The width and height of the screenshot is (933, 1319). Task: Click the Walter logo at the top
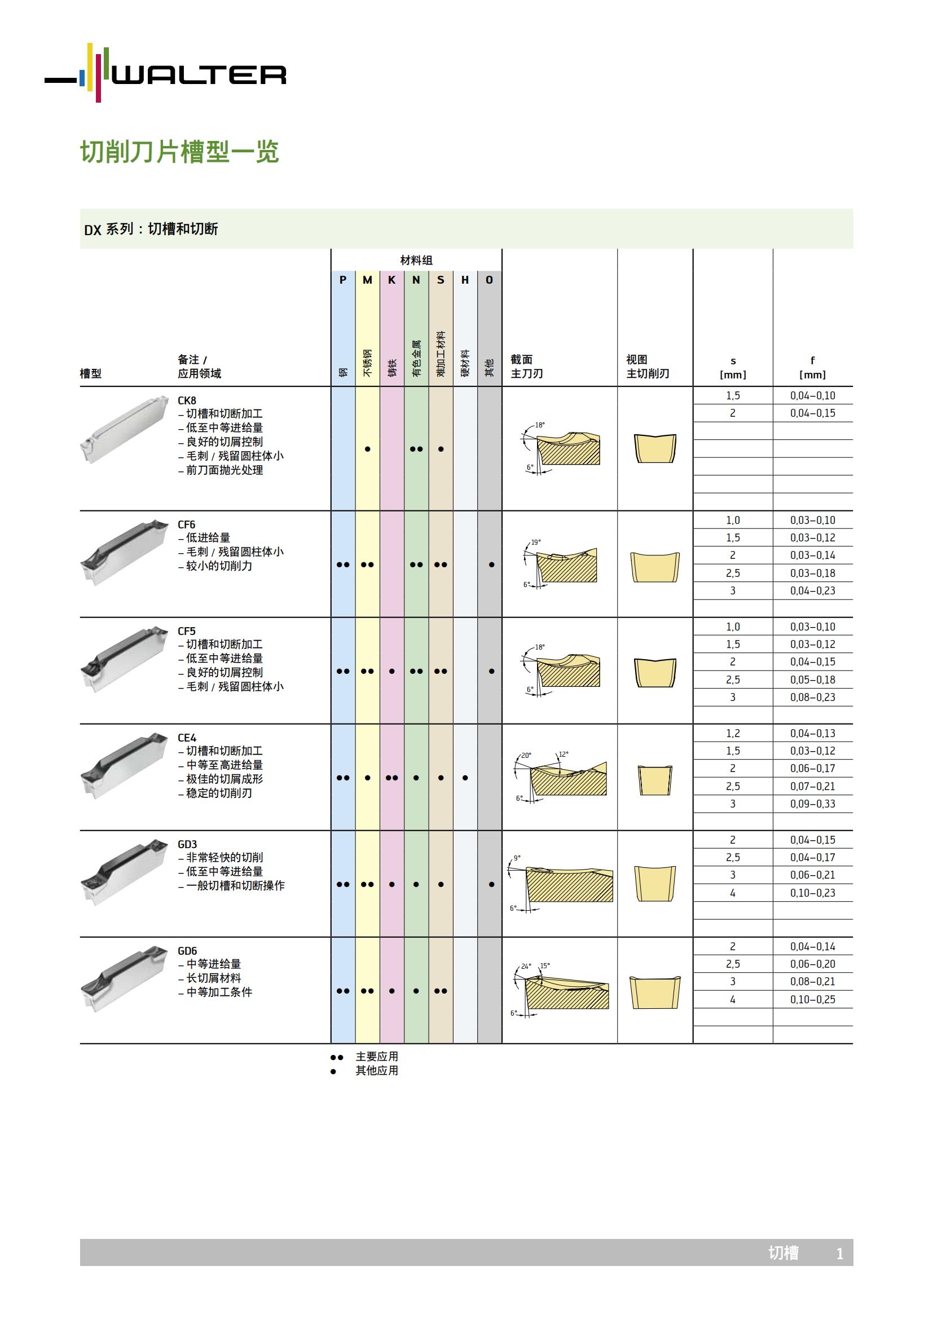point(165,73)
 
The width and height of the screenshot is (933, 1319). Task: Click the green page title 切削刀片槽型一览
point(179,152)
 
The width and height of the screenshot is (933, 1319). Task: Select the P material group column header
point(343,280)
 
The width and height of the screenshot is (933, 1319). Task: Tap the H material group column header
point(465,280)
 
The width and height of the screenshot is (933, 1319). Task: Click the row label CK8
point(187,400)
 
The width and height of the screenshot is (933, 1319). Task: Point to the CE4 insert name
point(187,738)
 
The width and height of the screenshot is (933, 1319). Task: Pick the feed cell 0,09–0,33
point(812,804)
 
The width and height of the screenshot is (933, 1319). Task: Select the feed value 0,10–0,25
point(812,1000)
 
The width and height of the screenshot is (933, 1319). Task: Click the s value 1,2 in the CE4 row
point(733,734)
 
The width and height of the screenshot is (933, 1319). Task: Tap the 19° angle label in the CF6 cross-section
point(535,542)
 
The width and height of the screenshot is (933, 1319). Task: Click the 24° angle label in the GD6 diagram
point(526,967)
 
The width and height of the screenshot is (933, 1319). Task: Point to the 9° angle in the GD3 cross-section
point(517,858)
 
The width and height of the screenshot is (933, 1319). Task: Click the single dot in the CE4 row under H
point(465,778)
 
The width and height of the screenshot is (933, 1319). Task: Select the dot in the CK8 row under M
point(368,449)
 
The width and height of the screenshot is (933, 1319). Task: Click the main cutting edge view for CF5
point(655,672)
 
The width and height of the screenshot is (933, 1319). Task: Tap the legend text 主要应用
point(377,1056)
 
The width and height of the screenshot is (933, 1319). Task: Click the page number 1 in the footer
point(839,1254)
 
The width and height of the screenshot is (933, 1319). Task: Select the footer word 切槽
point(783,1253)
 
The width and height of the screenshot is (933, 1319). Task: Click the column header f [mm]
point(812,368)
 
